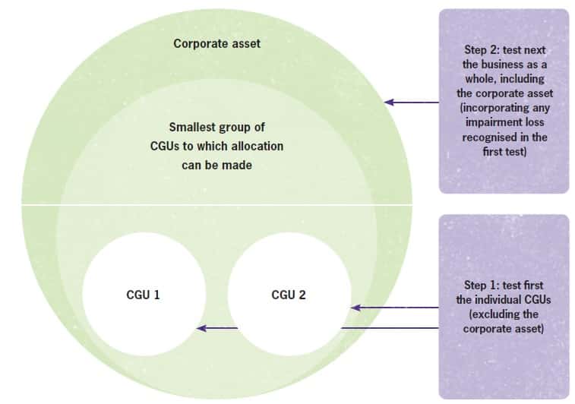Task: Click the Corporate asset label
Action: [216, 43]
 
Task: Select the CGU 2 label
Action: [289, 295]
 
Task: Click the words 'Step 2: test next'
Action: [504, 50]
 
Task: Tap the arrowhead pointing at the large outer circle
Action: [388, 101]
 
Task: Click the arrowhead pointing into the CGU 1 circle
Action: [201, 328]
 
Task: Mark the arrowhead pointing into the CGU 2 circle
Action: [354, 308]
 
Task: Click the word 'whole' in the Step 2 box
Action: [488, 79]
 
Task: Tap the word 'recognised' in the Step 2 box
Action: [494, 137]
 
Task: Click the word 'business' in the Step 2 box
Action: [505, 65]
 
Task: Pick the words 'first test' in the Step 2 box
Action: [504, 152]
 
